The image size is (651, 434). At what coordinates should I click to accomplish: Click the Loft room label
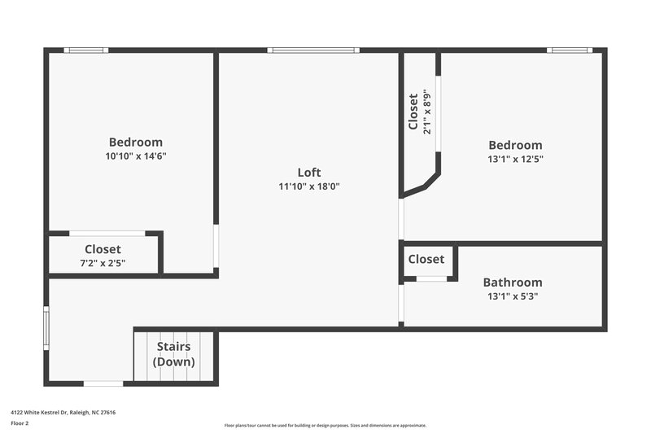pos(309,172)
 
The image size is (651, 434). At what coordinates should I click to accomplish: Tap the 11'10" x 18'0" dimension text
pos(309,186)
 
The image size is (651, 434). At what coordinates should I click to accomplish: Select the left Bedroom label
pos(136,142)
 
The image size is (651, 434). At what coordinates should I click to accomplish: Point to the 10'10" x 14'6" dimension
pos(136,156)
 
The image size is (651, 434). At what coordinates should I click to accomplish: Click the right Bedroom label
pos(515,145)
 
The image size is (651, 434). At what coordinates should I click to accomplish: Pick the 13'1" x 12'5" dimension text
pos(515,160)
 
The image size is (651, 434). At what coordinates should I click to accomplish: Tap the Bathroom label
pos(513,283)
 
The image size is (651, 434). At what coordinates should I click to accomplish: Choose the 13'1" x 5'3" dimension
pos(513,296)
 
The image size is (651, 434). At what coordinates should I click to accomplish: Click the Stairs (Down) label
pos(174,354)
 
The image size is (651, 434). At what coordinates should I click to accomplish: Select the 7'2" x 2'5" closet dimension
pos(103,263)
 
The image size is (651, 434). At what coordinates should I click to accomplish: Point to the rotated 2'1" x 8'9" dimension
pos(426,112)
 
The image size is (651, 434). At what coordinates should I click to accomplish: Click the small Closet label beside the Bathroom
pos(426,259)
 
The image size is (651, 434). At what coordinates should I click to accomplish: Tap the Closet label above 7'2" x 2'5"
pos(103,249)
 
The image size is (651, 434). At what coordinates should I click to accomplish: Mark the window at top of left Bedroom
pos(87,50)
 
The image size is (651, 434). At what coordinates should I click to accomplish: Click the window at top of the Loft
pos(313,50)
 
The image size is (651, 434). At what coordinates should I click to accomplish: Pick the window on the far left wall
pos(46,327)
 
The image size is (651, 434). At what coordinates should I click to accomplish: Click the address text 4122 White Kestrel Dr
pos(63,413)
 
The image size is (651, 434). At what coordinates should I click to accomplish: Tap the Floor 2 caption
pos(20,423)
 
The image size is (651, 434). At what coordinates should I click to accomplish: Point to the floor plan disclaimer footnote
pos(325,425)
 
